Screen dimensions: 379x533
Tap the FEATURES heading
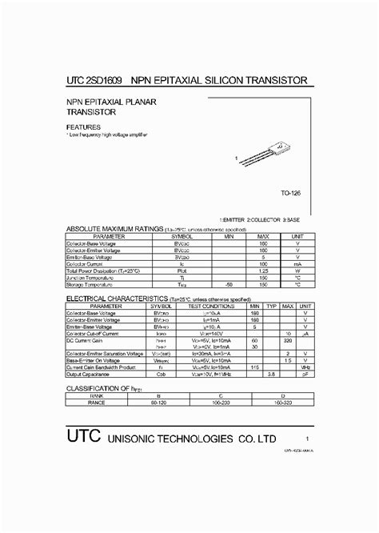[x=84, y=126]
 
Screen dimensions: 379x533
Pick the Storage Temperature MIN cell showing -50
[x=229, y=284]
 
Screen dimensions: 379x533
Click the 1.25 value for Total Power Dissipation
[x=263, y=271]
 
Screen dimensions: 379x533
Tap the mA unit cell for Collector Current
[x=297, y=263]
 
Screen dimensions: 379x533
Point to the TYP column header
[x=271, y=306]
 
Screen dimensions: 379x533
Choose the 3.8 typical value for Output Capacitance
[x=271, y=374]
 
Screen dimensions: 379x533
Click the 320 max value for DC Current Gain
[x=287, y=339]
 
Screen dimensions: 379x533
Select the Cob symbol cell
[x=161, y=374]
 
